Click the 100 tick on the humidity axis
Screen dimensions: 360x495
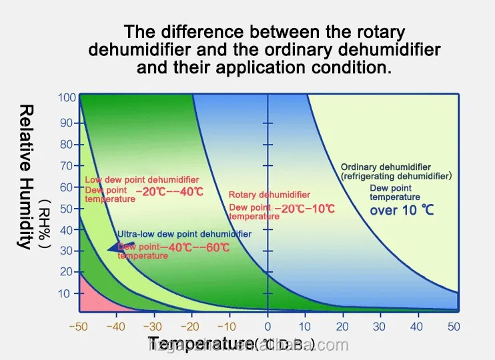coord(67,98)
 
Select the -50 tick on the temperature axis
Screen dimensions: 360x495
coord(79,327)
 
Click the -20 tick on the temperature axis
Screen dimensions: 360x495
coord(192,327)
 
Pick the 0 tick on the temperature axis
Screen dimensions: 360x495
coord(268,327)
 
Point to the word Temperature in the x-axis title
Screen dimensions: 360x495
coord(200,344)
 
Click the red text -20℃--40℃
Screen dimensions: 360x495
coord(169,191)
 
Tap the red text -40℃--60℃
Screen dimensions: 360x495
coord(196,248)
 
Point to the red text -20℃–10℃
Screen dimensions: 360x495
coord(308,209)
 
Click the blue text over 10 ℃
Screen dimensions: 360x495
coord(402,211)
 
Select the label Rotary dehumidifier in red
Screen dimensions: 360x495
coord(269,195)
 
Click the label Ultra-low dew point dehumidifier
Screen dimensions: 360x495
coord(184,234)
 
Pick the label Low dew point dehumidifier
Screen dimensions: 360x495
coord(141,180)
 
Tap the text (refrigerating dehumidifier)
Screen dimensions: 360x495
coord(396,177)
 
